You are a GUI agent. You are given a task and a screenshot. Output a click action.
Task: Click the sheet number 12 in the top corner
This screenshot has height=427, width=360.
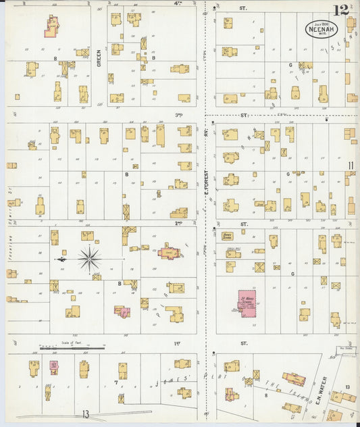tap(340, 10)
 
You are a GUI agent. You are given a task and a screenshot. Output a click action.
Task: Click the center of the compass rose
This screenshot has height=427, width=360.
tap(89, 258)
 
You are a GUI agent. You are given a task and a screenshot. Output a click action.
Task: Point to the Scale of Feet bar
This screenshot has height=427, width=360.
tap(72, 348)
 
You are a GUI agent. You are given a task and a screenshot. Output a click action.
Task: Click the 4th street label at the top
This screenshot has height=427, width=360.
tap(178, 3)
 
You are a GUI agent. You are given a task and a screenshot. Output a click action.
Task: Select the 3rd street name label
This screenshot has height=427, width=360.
tap(179, 115)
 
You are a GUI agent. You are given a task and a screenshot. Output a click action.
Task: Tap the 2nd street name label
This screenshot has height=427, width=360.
tap(179, 223)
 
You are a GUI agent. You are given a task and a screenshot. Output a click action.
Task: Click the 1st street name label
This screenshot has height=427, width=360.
tap(177, 343)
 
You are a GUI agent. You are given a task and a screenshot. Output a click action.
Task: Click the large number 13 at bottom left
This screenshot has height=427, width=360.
tap(85, 414)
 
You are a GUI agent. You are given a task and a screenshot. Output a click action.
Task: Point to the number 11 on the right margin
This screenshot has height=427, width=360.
tap(351, 166)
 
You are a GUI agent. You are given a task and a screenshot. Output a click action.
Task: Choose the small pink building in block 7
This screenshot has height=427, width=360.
tap(53, 367)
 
